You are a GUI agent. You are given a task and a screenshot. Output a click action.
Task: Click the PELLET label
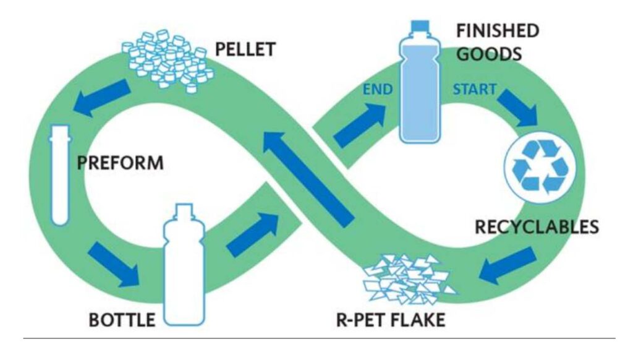pyautogui.click(x=245, y=49)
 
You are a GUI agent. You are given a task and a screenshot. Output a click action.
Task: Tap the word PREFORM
pyautogui.click(x=121, y=164)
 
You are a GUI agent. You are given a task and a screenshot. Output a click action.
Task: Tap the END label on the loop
pyautogui.click(x=378, y=89)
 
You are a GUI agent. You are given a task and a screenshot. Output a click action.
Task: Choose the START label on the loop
pyautogui.click(x=474, y=89)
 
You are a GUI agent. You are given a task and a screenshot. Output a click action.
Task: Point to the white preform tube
pyautogui.click(x=60, y=174)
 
